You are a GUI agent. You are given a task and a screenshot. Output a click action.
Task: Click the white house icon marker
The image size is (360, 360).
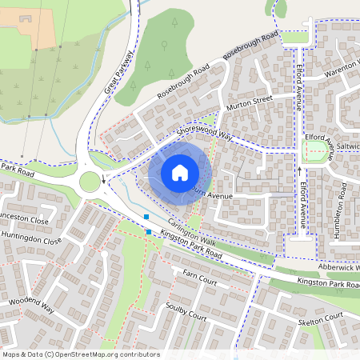179,172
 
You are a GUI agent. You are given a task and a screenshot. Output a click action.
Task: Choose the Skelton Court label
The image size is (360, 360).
322,318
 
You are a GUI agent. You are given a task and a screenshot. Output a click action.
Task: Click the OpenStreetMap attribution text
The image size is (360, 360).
70,354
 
